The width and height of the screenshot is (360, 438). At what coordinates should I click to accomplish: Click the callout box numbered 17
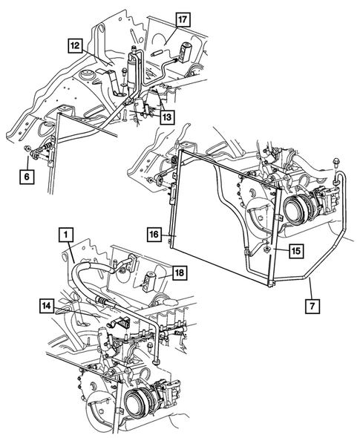[x=182, y=19]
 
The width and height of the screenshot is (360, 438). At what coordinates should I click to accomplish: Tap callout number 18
[x=179, y=273]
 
